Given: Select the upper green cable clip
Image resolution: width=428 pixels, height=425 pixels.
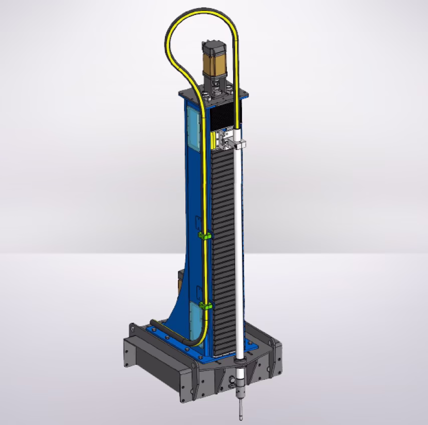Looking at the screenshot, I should click(203, 235).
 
